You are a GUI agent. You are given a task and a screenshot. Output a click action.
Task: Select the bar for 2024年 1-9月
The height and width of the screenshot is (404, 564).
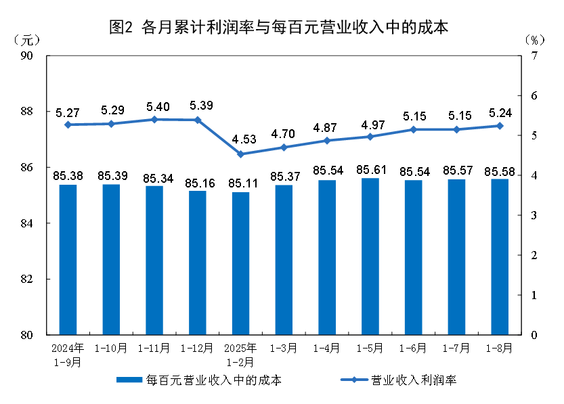[68, 260]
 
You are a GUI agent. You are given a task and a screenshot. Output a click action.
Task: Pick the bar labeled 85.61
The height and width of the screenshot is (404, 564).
[370, 256]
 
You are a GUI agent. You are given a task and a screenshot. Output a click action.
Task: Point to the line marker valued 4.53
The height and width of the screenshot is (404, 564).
[240, 154]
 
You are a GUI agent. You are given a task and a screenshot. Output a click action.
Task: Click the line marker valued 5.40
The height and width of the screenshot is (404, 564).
[154, 119]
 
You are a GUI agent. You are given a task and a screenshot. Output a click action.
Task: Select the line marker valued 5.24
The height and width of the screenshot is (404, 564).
[500, 126]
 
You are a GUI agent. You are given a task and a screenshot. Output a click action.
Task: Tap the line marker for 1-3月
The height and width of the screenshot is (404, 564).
[284, 148]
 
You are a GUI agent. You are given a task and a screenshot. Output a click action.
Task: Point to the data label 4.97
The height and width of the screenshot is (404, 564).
[370, 125]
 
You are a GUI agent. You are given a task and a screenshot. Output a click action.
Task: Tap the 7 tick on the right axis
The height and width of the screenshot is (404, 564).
[534, 55]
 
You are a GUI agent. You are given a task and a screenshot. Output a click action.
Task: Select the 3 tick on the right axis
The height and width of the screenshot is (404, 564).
[534, 215]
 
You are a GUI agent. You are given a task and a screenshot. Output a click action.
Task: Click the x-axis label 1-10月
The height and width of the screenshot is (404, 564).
[111, 349]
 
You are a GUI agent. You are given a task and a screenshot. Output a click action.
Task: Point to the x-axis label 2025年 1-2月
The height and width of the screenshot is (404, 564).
[240, 355]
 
